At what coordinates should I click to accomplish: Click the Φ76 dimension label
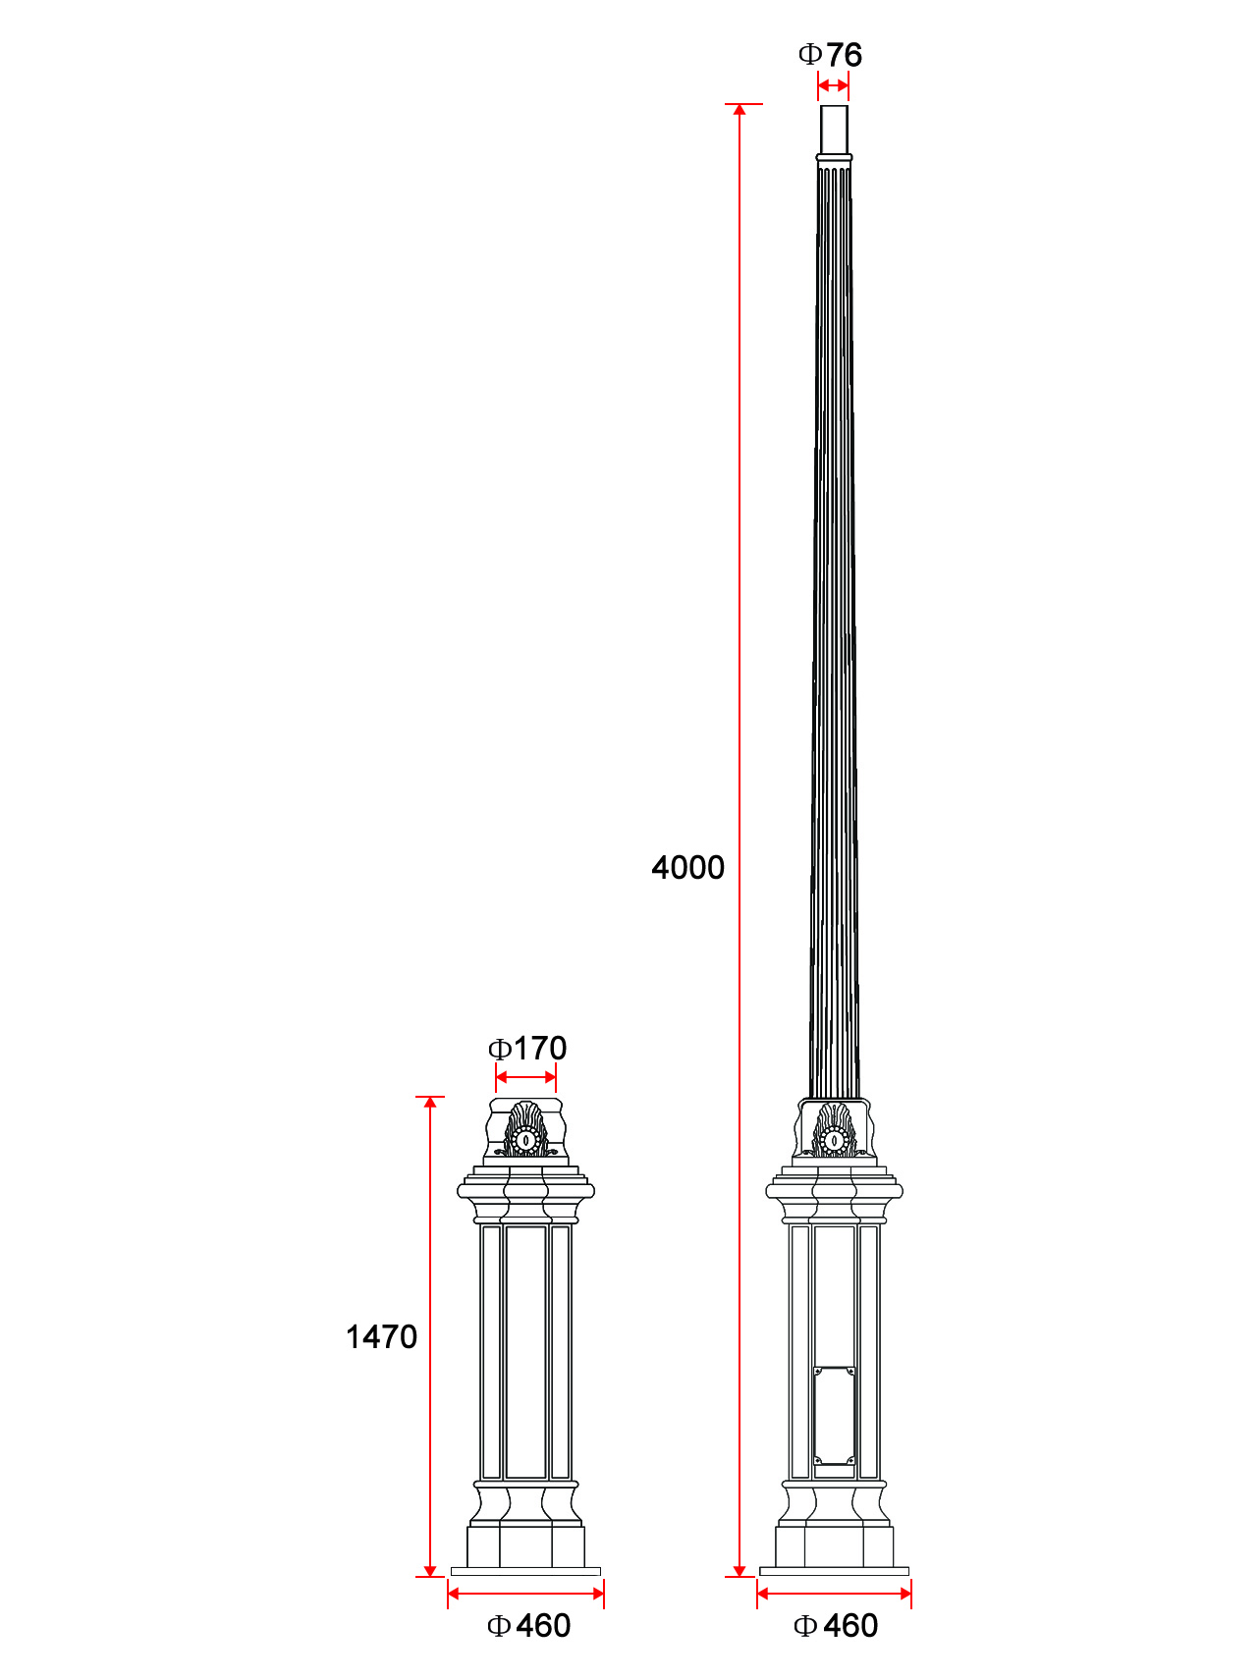[x=831, y=55]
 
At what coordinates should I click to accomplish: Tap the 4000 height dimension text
[x=687, y=867]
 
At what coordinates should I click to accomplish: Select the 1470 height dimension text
[x=381, y=1336]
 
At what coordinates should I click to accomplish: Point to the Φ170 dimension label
[x=527, y=1048]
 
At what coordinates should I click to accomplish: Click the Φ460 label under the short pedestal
[x=528, y=1626]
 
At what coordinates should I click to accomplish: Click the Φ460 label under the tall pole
[x=836, y=1626]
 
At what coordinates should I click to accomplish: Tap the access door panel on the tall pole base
[x=834, y=1415]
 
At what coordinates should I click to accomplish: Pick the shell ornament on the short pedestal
[x=525, y=1130]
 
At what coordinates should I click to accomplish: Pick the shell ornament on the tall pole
[x=834, y=1130]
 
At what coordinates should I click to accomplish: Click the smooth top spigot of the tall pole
[x=834, y=129]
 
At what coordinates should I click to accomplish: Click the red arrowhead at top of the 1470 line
[x=430, y=1103]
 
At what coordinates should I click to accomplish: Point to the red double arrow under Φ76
[x=833, y=86]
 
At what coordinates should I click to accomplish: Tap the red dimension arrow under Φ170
[x=525, y=1078]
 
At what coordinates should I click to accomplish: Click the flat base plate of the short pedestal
[x=525, y=1572]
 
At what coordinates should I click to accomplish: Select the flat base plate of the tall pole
[x=834, y=1572]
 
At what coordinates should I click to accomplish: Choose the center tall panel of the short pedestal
[x=525, y=1352]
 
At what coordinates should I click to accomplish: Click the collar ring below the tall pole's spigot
[x=834, y=157]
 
